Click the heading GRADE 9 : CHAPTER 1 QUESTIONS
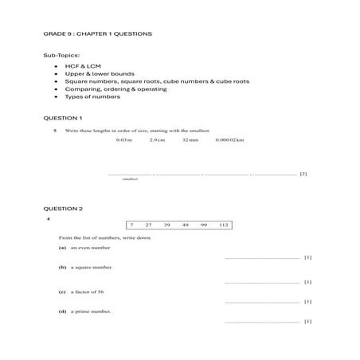point(97,34)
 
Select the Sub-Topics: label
point(61,55)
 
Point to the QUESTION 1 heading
point(62,117)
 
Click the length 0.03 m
point(123,139)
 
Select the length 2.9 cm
point(156,139)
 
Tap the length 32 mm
point(190,139)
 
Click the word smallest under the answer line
point(130,179)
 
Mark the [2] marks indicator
point(303,174)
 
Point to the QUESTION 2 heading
point(63,209)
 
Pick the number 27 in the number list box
point(149,225)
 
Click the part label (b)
point(62,268)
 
